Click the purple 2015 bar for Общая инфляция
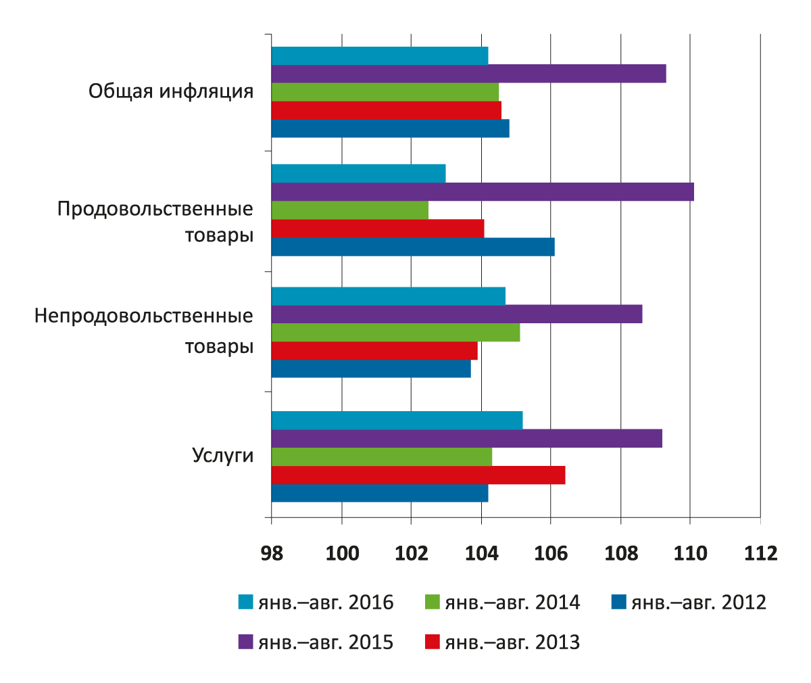point(468,73)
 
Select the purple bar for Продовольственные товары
point(483,191)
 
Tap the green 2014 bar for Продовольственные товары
point(349,210)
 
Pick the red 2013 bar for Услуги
point(418,475)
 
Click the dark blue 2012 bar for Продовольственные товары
point(412,247)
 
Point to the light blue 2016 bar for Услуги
point(397,420)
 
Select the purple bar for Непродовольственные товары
point(456,314)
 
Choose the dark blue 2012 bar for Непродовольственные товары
point(371,369)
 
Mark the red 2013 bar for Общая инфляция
point(386,110)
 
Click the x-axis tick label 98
point(272,553)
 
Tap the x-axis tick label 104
point(481,553)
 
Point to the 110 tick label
point(690,553)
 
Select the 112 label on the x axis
point(760,553)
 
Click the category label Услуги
point(223,455)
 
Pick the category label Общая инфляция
point(171,91)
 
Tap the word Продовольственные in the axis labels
point(155,208)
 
